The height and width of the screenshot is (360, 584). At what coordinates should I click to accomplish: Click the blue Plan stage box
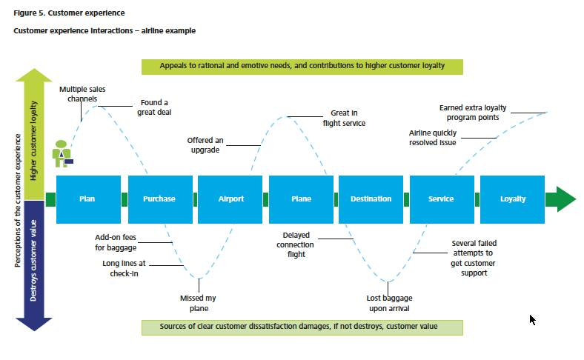click(x=89, y=199)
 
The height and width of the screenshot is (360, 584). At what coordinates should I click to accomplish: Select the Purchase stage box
click(x=160, y=199)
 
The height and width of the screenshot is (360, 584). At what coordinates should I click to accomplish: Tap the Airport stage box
click(x=230, y=199)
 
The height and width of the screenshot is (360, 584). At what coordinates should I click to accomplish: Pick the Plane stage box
click(x=302, y=199)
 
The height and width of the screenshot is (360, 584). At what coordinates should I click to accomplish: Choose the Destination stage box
click(x=371, y=199)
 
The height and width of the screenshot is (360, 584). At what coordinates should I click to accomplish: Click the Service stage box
click(x=442, y=199)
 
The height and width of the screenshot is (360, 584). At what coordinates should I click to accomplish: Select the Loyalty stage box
click(x=513, y=199)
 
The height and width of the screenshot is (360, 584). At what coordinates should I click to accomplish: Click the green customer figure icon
click(x=62, y=153)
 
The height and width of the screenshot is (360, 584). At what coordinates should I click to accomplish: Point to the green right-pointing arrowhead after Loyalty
click(x=561, y=199)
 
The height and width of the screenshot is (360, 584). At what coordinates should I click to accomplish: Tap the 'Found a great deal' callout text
click(x=154, y=107)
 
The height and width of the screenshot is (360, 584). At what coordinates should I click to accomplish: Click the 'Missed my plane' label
click(x=198, y=303)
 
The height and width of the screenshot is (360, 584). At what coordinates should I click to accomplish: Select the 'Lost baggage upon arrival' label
click(x=389, y=303)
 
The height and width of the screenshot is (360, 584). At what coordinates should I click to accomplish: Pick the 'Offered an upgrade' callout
click(x=205, y=145)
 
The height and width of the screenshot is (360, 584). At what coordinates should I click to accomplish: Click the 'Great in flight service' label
click(x=344, y=118)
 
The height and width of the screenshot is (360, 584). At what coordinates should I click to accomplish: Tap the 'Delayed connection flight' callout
click(x=296, y=244)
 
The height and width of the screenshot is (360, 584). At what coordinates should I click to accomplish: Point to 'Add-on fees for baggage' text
click(x=116, y=242)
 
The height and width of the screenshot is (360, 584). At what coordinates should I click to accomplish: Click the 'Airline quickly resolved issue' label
click(x=433, y=138)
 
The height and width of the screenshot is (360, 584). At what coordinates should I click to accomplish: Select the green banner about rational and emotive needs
click(x=302, y=67)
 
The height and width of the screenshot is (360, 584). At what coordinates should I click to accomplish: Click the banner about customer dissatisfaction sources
click(x=302, y=327)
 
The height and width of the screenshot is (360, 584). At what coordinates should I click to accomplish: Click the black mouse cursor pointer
click(x=533, y=320)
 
